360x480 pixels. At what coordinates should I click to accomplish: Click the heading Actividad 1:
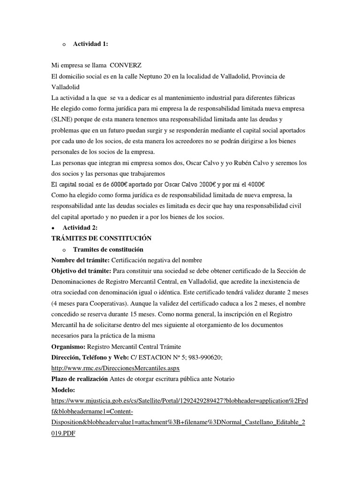tap(90, 44)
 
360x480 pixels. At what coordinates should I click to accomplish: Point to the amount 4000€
tap(259, 184)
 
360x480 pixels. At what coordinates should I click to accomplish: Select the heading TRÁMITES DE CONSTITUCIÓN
tap(101, 239)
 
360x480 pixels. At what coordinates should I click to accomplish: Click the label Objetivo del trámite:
tap(82, 271)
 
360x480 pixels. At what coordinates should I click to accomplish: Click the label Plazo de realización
tap(80, 379)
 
